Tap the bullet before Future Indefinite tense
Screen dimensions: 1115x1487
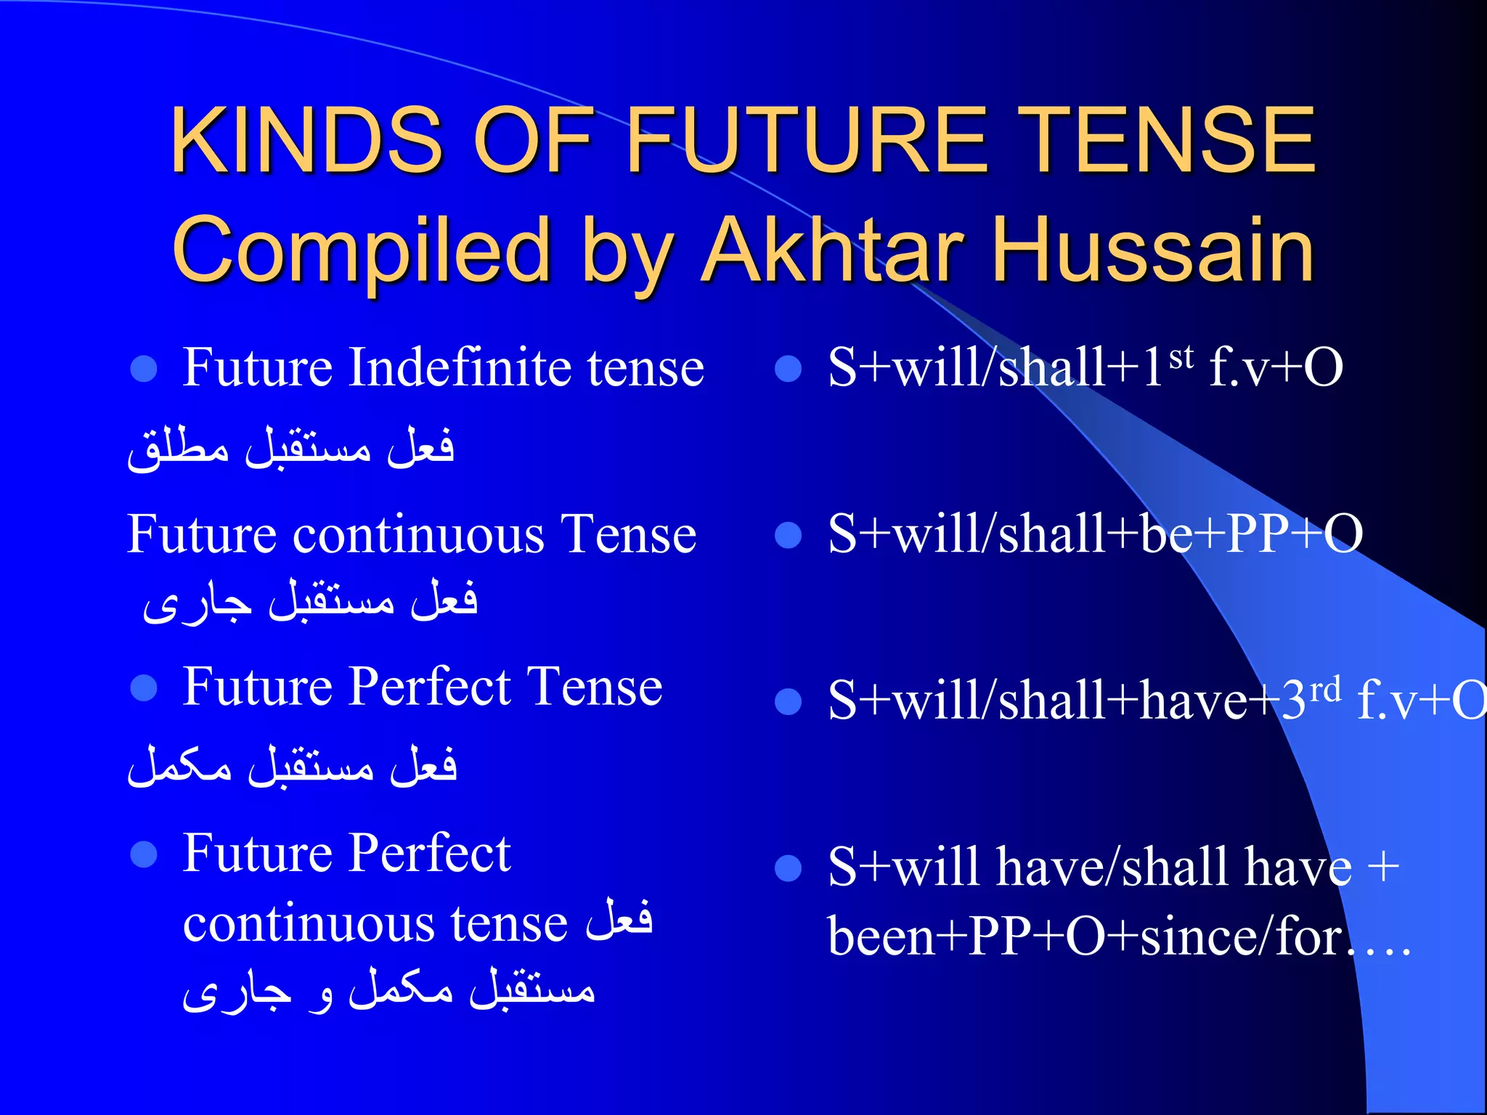pos(144,369)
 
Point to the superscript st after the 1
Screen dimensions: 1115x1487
pos(1181,356)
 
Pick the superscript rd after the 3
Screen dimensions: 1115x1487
pos(1325,690)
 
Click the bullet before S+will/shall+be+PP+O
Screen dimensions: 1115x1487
pos(788,536)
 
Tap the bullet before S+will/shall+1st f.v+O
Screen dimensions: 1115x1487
pos(788,369)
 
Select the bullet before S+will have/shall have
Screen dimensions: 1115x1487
pos(788,868)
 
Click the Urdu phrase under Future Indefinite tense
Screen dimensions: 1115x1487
pos(290,447)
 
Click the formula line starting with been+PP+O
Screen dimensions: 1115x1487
pos(1118,936)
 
